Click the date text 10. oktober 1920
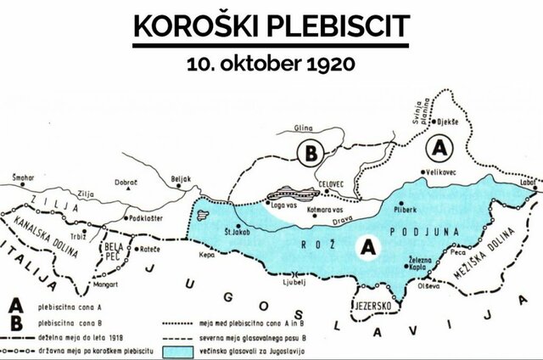point(271,64)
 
